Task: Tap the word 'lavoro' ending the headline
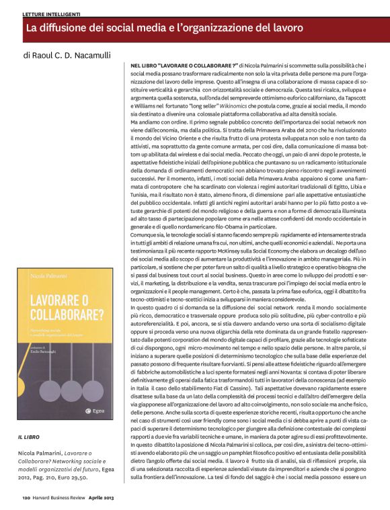(x=287, y=29)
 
